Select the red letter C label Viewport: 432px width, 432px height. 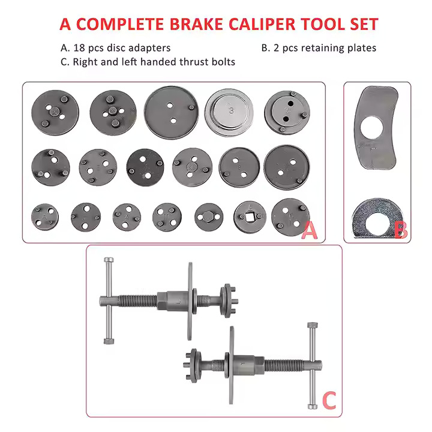[x=329, y=400]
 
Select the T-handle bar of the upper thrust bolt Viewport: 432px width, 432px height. [x=107, y=300]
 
